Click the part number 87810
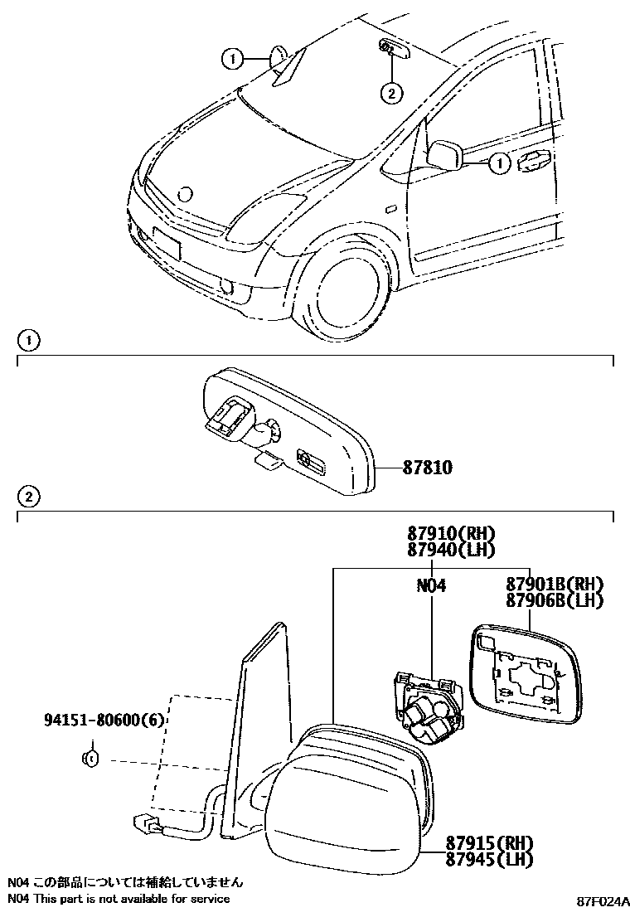[x=427, y=468]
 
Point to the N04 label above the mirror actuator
[x=431, y=586]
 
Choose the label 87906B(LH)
[x=554, y=601]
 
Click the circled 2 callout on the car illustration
[x=391, y=93]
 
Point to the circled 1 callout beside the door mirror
[x=499, y=164]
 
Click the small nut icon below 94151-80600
[x=92, y=759]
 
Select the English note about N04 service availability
[x=119, y=899]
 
